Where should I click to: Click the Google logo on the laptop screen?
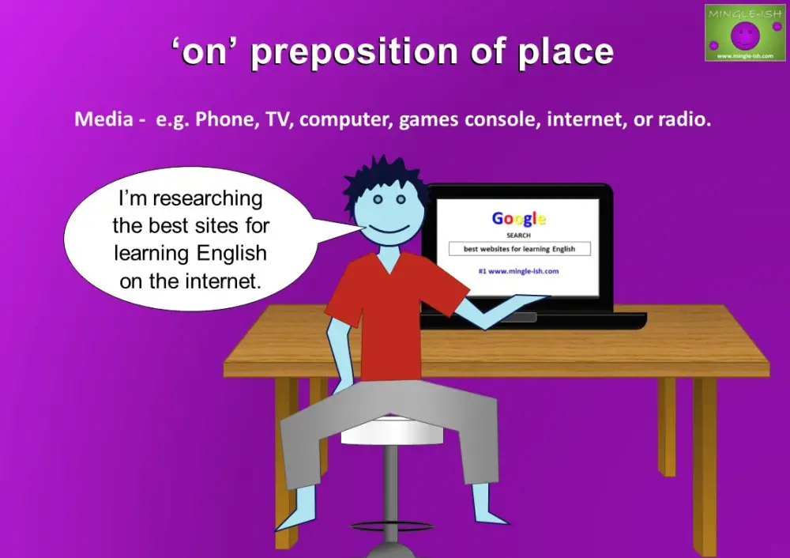tap(518, 219)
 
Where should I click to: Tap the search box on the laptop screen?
tap(519, 249)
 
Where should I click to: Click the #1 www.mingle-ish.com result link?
tap(518, 271)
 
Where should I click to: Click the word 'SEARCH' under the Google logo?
tap(518, 236)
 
